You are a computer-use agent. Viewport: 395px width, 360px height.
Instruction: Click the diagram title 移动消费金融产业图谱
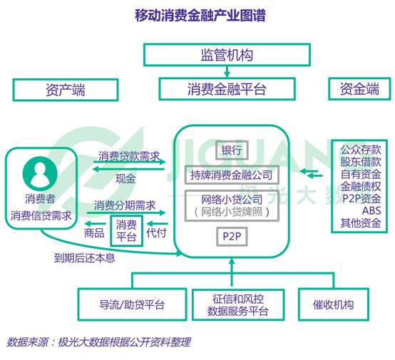200,16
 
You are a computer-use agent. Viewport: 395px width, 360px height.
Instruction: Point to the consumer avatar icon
40,173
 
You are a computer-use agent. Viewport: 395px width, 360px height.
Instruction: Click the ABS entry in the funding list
371,210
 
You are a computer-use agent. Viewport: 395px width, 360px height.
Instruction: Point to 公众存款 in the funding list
361,150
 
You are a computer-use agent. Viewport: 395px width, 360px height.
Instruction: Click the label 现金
125,179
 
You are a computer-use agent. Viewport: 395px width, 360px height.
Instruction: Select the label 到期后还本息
85,258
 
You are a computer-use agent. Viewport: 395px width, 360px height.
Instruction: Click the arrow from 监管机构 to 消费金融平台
227,72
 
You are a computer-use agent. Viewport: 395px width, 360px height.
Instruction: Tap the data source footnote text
98,342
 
